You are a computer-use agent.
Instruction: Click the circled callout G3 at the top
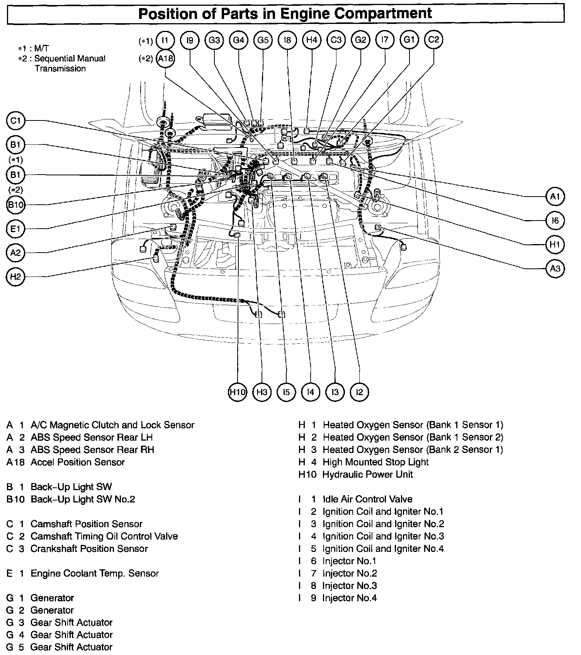click(214, 40)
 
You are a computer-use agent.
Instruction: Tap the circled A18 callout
click(165, 59)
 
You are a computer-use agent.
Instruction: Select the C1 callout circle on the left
click(15, 121)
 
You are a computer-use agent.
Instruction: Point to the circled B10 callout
click(16, 205)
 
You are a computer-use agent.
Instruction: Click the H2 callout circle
click(15, 277)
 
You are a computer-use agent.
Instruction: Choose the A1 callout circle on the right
click(555, 197)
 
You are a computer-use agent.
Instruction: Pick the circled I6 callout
click(555, 221)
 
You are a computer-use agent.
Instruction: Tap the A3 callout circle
click(555, 268)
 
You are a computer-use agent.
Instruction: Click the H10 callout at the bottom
click(237, 392)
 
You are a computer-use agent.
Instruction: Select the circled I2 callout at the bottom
click(359, 392)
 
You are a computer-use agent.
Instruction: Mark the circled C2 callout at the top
click(433, 40)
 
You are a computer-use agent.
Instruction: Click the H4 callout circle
click(312, 40)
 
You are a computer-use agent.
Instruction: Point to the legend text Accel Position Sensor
click(78, 462)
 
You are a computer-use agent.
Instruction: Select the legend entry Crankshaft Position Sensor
click(89, 549)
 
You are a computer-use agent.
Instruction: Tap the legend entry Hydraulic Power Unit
click(368, 475)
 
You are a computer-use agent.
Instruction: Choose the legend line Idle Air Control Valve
click(367, 499)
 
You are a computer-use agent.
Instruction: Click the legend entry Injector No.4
click(350, 598)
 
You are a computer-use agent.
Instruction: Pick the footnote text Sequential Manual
click(70, 59)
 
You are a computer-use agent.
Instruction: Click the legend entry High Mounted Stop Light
click(375, 462)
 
